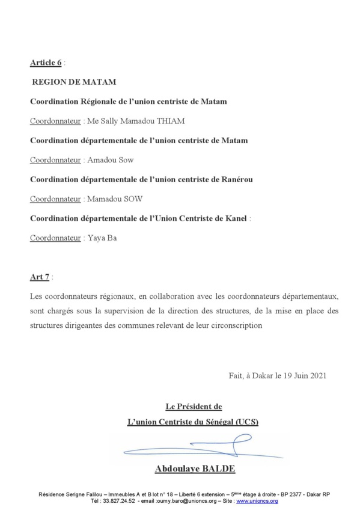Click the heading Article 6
(46, 63)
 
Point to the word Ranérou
(252, 179)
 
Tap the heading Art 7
(40, 277)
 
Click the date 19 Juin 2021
(305, 375)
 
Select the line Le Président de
(193, 407)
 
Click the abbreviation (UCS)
(245, 421)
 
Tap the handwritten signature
(192, 447)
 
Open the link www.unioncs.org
(257, 500)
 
